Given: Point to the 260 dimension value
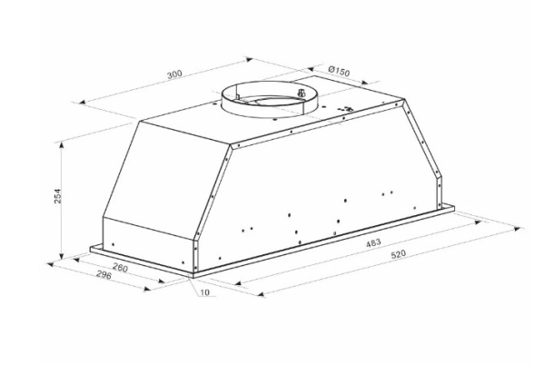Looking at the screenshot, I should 118,269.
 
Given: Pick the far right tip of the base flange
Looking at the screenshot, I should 452,210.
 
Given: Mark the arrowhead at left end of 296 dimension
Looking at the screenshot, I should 50,261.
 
